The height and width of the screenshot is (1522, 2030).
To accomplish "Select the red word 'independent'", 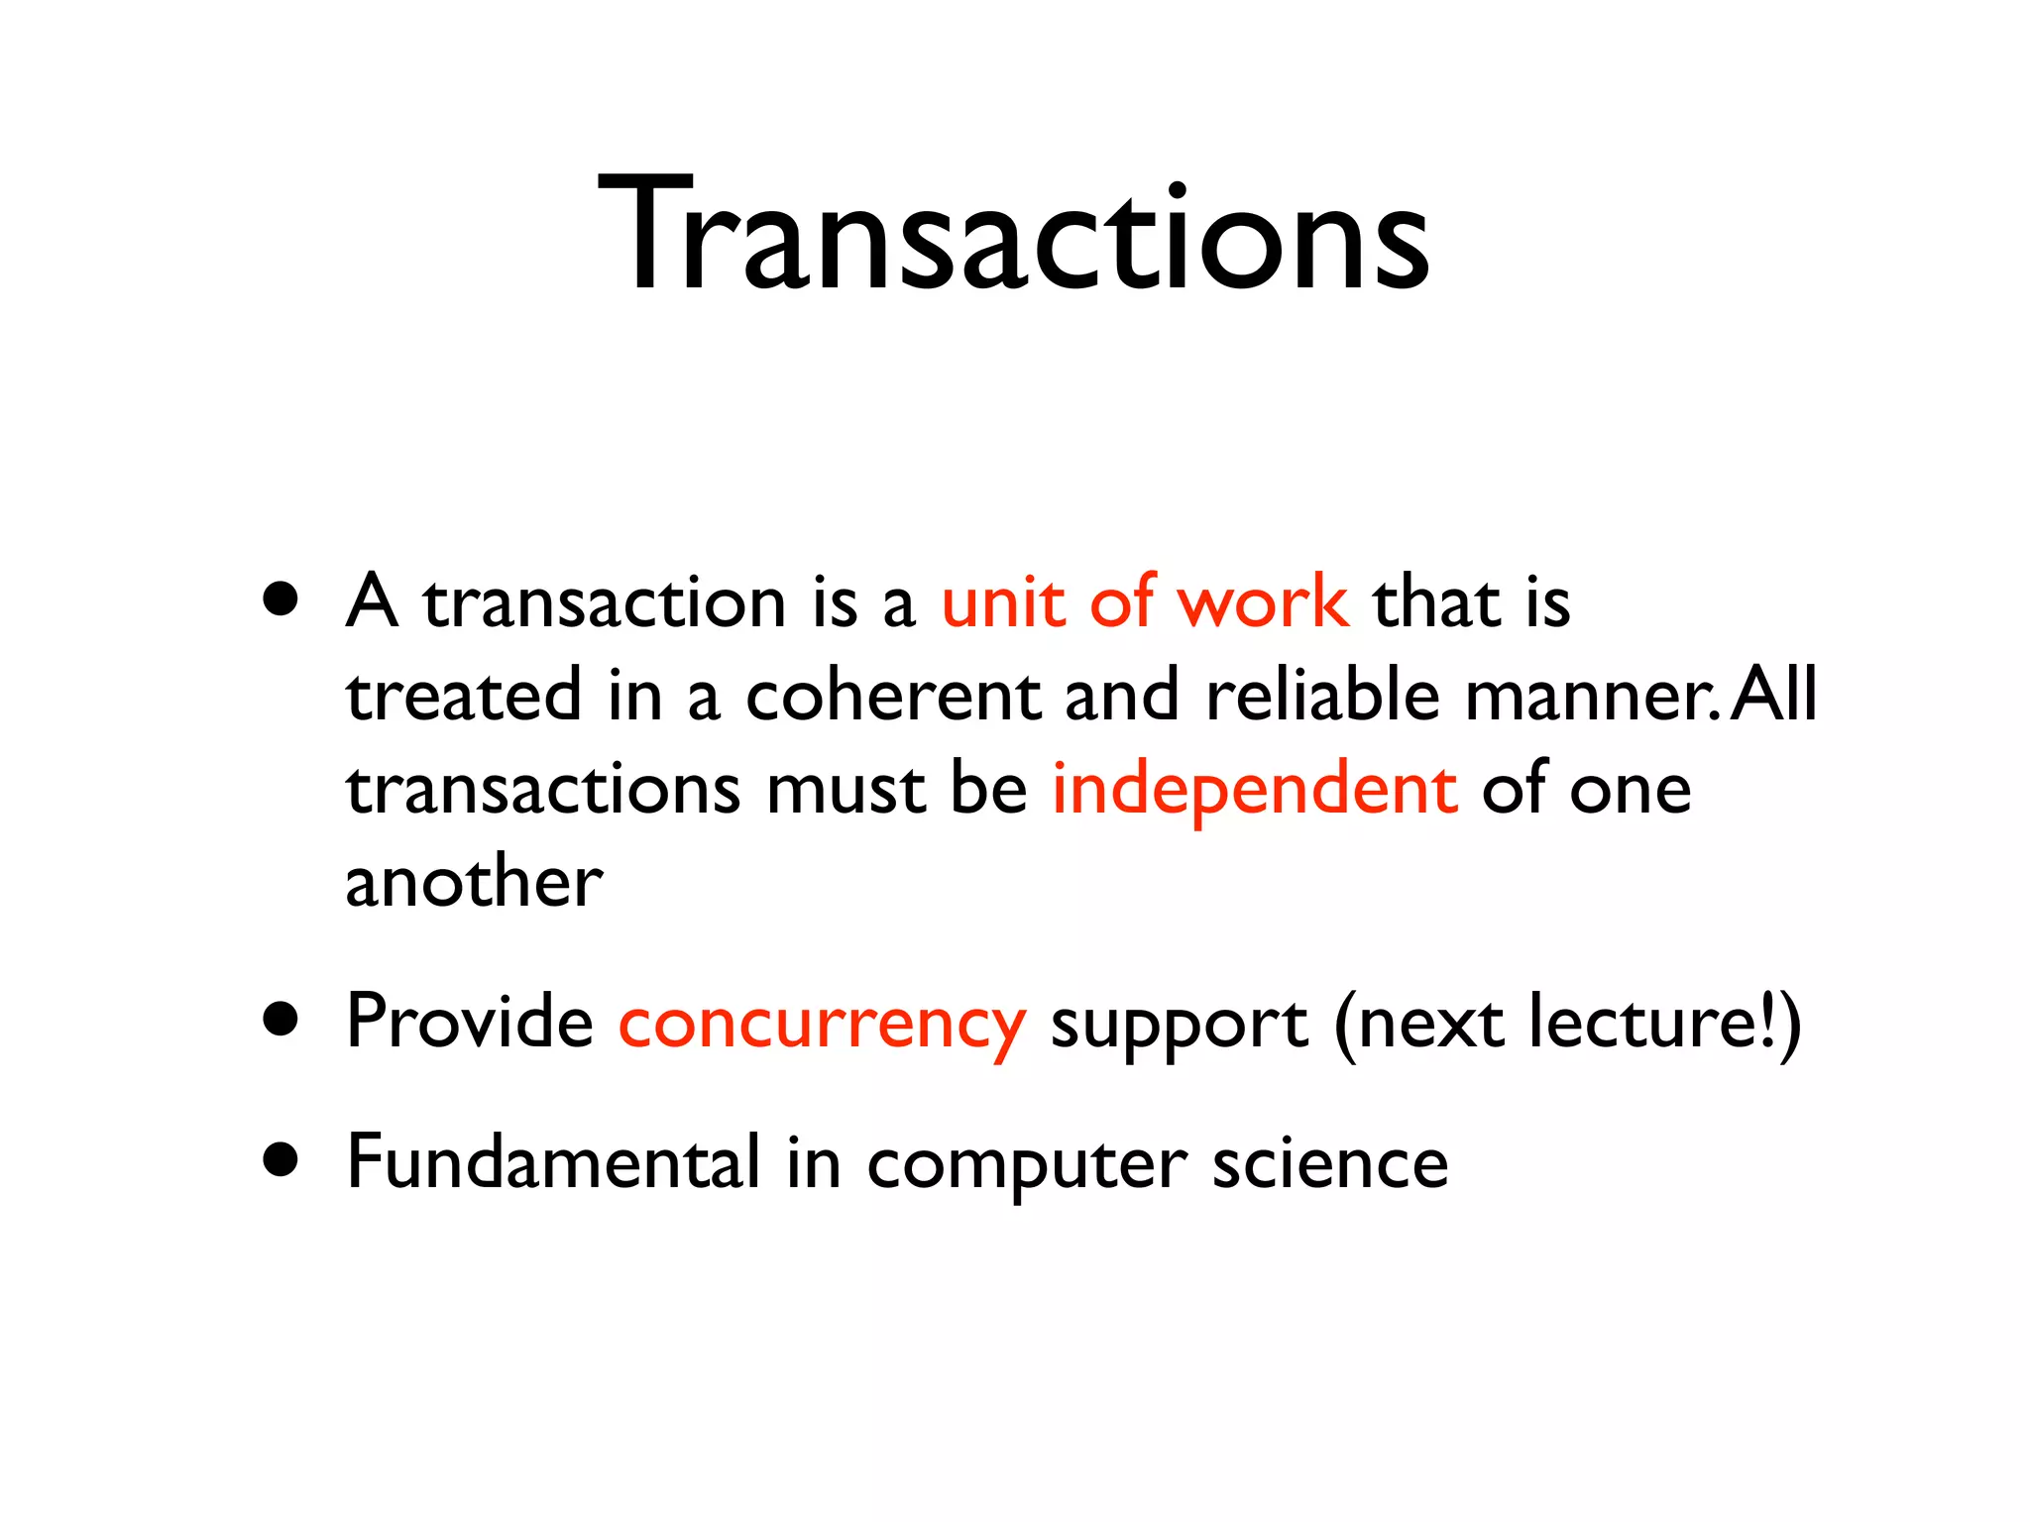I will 1254,790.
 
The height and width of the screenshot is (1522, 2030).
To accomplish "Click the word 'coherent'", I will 892,696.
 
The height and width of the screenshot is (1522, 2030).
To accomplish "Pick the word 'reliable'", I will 1322,696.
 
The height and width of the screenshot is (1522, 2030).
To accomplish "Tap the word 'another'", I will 474,883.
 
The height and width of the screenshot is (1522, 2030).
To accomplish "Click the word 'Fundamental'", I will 553,1162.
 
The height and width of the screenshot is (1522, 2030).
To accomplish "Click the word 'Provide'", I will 469,1022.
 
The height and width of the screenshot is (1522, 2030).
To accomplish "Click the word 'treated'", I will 463,696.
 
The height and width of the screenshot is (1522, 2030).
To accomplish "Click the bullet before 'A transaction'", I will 282,599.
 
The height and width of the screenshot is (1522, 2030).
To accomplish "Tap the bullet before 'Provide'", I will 282,1020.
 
